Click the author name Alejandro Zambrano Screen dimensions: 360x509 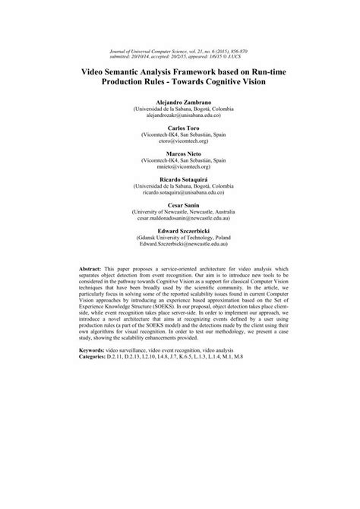179,101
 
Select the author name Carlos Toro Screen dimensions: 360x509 179,125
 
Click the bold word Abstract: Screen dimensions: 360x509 93,270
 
